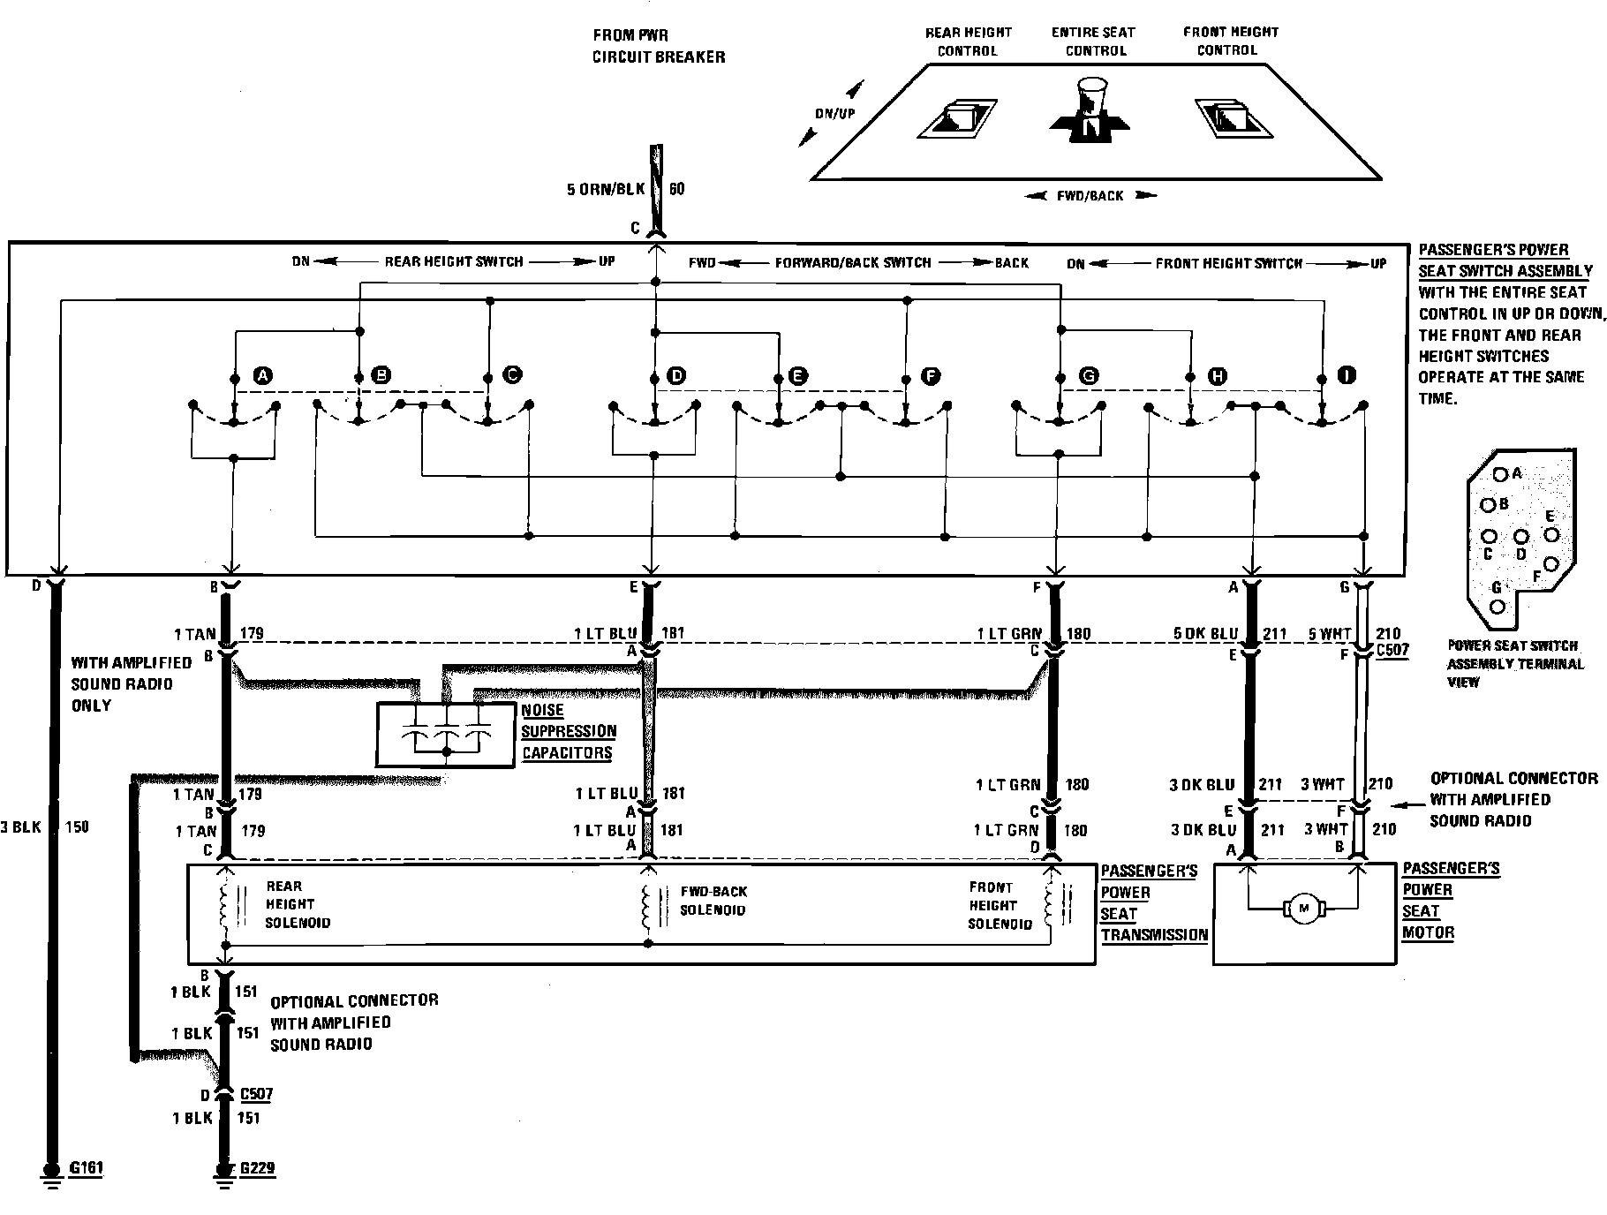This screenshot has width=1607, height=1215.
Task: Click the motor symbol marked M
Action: tap(1303, 909)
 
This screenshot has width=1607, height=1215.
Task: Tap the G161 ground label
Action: tap(86, 1168)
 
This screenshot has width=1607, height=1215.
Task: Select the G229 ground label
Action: tap(256, 1168)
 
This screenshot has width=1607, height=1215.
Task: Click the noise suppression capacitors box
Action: tap(446, 735)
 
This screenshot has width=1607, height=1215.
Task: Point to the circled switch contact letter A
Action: tap(262, 376)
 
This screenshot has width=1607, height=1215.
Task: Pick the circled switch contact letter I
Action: tap(1347, 376)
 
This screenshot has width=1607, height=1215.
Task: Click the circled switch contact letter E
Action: tap(797, 376)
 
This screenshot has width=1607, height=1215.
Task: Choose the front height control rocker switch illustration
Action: tap(1233, 117)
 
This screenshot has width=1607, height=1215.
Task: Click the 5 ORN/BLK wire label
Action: tap(607, 189)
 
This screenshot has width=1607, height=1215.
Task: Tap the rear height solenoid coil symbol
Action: tap(225, 909)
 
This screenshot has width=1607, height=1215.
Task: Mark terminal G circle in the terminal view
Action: tap(1498, 606)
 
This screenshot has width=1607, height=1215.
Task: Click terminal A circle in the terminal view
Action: tap(1499, 474)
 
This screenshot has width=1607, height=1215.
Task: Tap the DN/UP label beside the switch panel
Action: tap(834, 114)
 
